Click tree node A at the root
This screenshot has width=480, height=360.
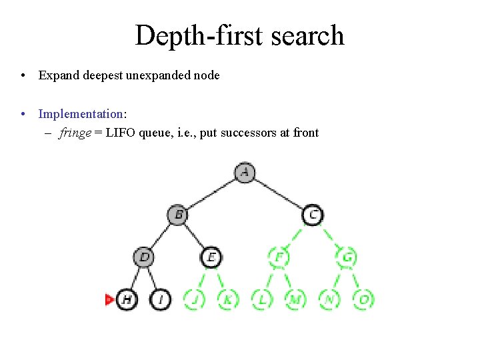(245, 173)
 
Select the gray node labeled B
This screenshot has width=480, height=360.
(178, 215)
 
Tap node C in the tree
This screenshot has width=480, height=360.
(313, 215)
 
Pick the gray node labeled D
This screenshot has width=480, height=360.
(144, 257)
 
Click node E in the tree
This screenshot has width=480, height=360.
(211, 257)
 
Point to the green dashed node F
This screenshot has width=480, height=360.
(279, 257)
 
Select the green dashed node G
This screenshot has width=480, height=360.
(347, 257)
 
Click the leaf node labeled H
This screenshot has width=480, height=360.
(127, 299)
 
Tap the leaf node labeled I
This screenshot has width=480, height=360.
(161, 299)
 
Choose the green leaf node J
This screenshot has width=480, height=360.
(194, 299)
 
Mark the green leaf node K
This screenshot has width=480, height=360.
(228, 299)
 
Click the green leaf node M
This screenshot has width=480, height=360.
(295, 299)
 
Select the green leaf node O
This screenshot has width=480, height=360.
(364, 299)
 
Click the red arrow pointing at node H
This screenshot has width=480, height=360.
(109, 299)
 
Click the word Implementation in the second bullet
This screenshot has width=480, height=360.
(81, 114)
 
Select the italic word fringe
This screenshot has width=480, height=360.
(75, 133)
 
